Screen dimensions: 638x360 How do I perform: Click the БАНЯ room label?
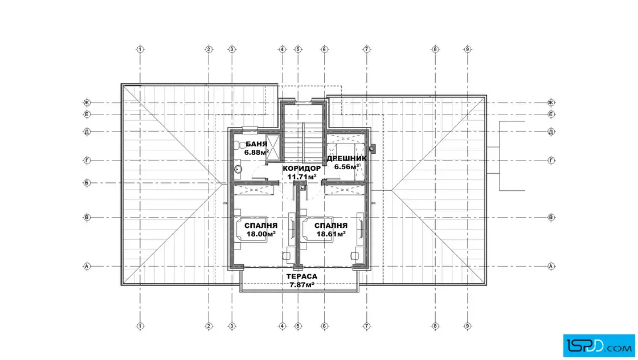click(256, 144)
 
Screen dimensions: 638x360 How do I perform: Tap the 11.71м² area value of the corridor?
click(302, 177)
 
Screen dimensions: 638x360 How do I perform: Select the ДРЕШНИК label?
click(347, 158)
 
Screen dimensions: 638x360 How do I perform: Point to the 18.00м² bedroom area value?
click(261, 234)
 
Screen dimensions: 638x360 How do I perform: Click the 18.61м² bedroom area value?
click(331, 234)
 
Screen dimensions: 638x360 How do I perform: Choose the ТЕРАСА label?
click(302, 277)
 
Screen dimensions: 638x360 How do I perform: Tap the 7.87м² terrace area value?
click(302, 285)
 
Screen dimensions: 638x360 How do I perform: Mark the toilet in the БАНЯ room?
click(239, 145)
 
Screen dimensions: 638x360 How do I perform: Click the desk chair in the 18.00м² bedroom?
click(286, 255)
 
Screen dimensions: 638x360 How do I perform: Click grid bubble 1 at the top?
click(140, 49)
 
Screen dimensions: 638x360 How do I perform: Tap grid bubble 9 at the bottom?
click(468, 326)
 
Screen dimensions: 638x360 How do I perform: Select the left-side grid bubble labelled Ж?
click(87, 103)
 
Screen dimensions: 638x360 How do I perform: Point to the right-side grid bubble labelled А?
click(551, 267)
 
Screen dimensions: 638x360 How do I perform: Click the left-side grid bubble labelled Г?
click(87, 161)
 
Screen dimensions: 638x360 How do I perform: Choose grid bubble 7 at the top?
click(367, 49)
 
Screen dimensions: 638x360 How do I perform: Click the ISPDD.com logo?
click(599, 346)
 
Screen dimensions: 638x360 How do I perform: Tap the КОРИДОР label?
click(302, 169)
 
